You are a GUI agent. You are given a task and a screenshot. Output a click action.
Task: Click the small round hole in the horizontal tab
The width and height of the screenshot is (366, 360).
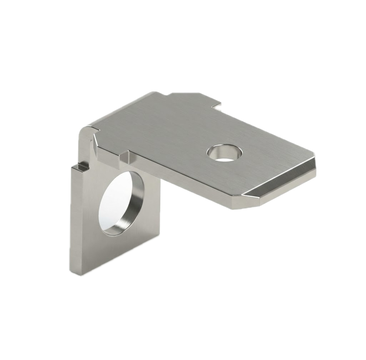pos(224,153)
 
